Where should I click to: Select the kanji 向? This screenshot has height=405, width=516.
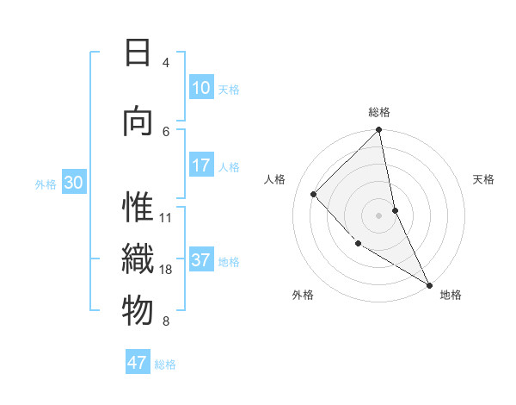coord(138,121)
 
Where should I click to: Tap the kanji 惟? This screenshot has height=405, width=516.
coord(138,208)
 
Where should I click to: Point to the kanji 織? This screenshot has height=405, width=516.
coord(138,259)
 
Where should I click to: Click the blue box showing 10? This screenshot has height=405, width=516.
coord(201,88)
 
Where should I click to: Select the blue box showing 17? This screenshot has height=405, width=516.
coord(201,165)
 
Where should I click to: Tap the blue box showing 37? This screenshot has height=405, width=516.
coord(201,261)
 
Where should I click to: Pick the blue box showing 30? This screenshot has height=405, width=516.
coord(73,184)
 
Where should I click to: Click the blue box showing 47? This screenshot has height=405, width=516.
coord(138,363)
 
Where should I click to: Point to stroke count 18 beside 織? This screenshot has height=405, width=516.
coord(167,270)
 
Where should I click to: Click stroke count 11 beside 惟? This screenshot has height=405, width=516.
coord(167,217)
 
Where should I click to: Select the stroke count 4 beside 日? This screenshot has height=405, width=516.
coord(166,63)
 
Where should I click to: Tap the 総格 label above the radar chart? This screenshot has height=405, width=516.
coord(379,112)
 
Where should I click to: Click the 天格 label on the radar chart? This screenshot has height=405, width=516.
coord(484,179)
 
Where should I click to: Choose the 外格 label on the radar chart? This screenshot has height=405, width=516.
coord(303,295)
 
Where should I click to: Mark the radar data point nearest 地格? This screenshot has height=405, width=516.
coord(428,283)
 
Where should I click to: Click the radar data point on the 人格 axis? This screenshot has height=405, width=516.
coord(314,194)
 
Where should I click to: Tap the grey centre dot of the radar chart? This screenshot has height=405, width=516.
coord(379,215)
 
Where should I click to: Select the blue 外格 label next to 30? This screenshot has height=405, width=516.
coord(46,184)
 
